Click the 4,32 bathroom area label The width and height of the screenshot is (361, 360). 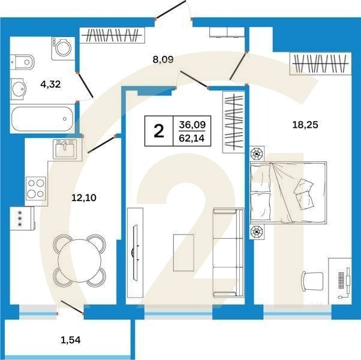tap(50, 84)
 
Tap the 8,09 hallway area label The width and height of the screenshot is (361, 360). tap(163, 59)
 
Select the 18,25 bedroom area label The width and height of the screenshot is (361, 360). tap(305, 125)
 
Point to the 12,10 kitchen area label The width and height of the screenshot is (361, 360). tap(84, 197)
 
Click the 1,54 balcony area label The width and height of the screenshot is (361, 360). tap(71, 340)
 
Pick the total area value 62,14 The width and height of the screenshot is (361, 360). tap(192, 138)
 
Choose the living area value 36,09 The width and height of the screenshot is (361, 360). tap(192, 125)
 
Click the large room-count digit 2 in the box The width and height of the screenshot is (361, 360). tap(159, 131)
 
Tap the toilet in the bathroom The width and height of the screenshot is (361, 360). tap(22, 62)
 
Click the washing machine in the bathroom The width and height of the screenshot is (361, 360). tap(63, 49)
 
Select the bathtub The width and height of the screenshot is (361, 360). tap(43, 119)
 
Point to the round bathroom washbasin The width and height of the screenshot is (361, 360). tap(18, 89)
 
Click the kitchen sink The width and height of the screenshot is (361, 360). tap(65, 149)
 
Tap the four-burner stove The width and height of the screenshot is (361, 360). tap(36, 188)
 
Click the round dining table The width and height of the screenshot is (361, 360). tap(79, 260)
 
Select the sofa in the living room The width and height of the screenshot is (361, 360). tap(228, 253)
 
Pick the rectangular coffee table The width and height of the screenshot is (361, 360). tap(183, 253)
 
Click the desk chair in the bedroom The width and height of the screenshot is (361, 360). tap(312, 281)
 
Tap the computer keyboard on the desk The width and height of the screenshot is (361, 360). tap(341, 280)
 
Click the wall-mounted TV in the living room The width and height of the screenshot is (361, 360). tap(135, 253)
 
